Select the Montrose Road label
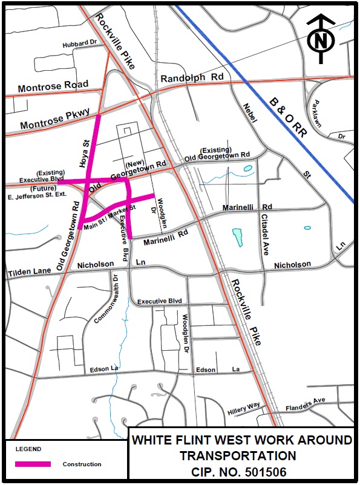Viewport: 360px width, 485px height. (53, 86)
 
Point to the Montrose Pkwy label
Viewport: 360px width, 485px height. (54, 120)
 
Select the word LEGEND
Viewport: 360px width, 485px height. (28, 449)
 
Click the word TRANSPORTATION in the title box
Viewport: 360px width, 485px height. (241, 455)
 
